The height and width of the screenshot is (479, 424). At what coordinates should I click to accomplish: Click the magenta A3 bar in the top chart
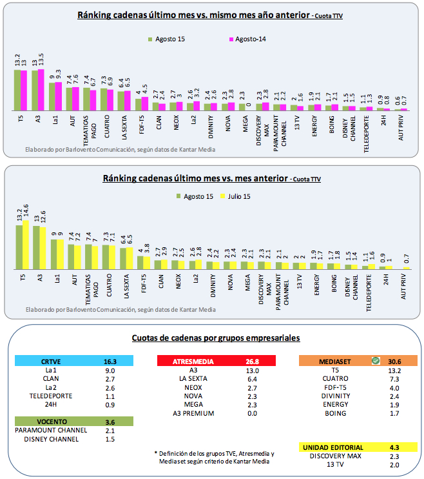pos(42,90)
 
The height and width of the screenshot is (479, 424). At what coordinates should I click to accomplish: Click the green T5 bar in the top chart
pos(17,90)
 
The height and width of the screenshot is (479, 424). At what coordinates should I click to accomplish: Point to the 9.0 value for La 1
pos(110,371)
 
